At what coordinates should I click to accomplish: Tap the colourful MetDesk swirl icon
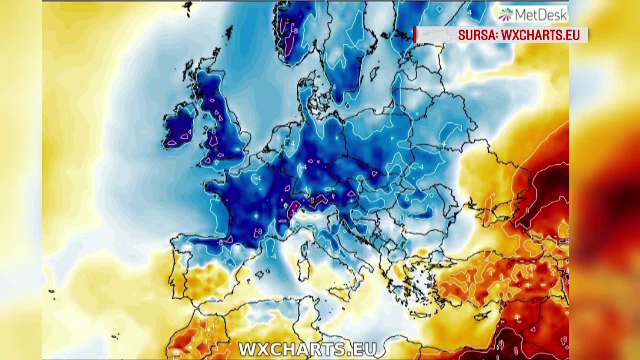(x=507, y=13)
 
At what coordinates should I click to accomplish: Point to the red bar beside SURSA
(x=416, y=34)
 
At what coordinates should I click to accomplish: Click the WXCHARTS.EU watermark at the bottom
(x=295, y=348)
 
